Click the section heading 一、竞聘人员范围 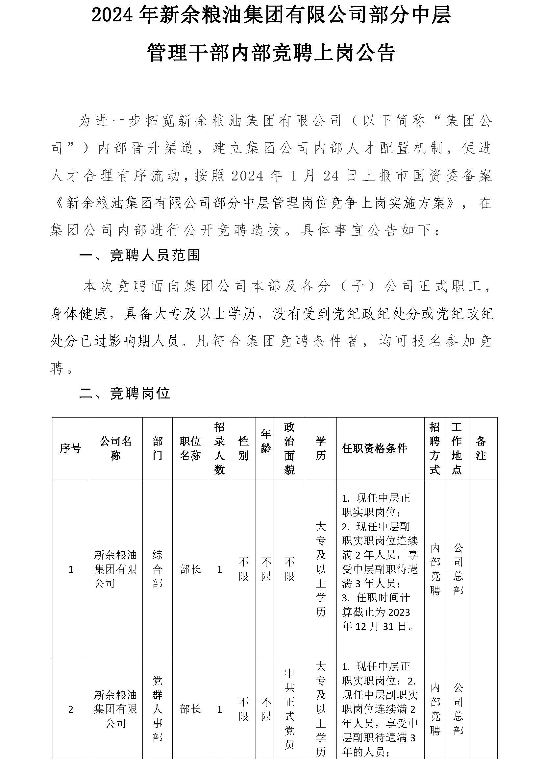(x=140, y=255)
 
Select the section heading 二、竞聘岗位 (x=125, y=394)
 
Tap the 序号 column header (x=70, y=448)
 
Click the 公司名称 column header (x=115, y=448)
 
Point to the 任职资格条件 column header (x=374, y=448)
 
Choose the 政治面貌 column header (x=289, y=448)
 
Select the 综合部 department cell (x=157, y=569)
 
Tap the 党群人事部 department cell (x=157, y=709)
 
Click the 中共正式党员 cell (x=289, y=709)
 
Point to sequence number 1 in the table (x=71, y=569)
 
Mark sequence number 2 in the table (x=71, y=709)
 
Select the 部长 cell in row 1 (x=190, y=569)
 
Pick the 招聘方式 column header (x=434, y=448)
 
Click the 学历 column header (x=321, y=448)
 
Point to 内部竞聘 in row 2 (x=435, y=709)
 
